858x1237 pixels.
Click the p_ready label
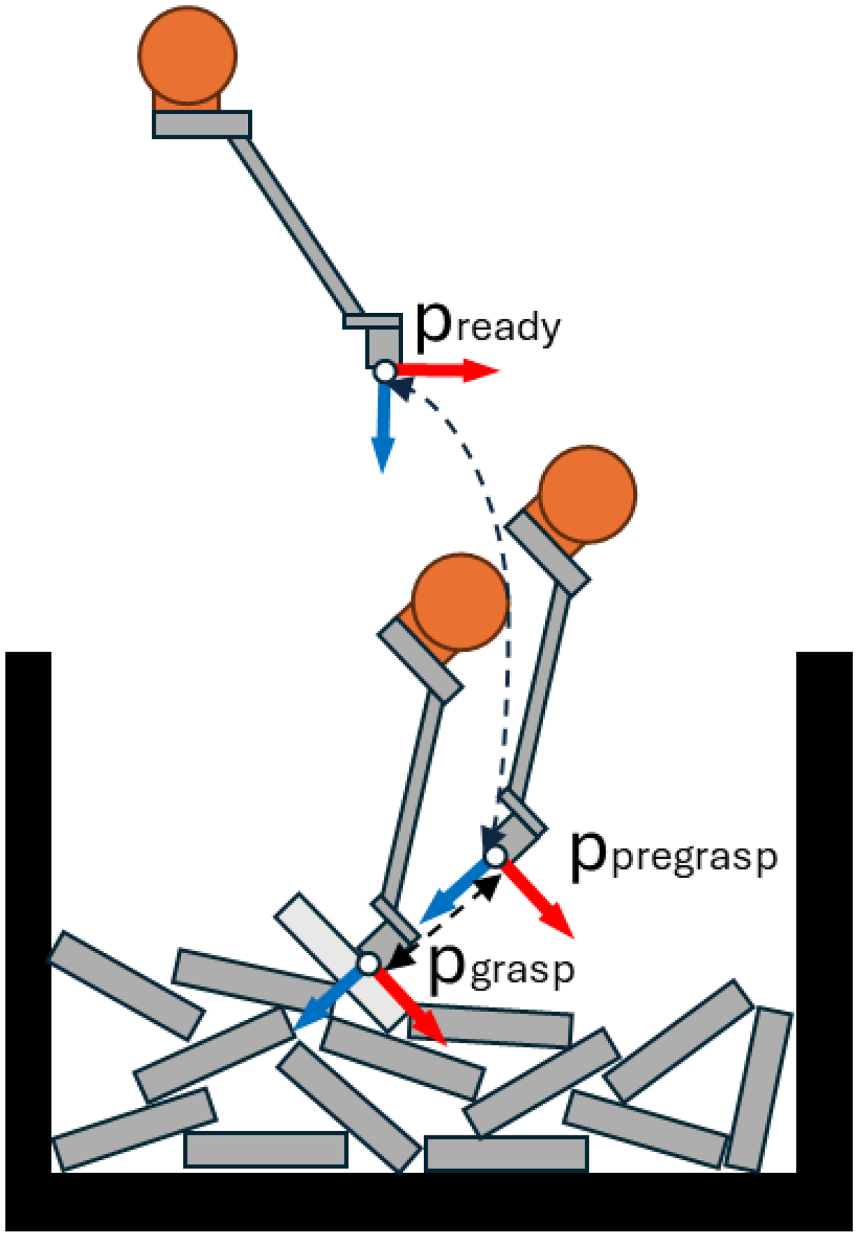coord(488,328)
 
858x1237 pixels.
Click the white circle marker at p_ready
coord(385,371)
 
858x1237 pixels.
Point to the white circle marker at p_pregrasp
coord(494,855)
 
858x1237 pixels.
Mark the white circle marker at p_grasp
coord(369,964)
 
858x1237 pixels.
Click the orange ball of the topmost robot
coord(187,55)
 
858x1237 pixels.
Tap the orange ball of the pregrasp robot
coord(588,494)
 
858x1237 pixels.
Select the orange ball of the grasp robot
coord(460,601)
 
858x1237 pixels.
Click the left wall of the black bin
coord(28,914)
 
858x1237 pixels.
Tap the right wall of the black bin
coord(824,914)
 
